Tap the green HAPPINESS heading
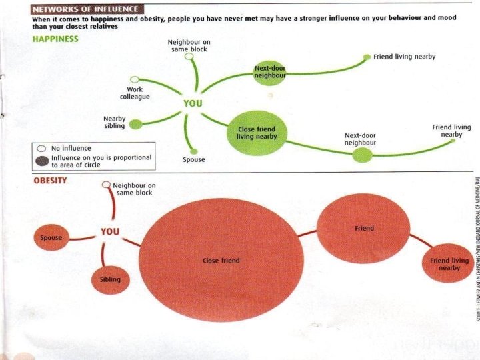tap(55, 39)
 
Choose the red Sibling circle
tap(110, 279)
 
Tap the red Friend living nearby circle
tap(449, 263)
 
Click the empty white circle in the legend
tap(41, 148)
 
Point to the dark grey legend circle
tap(41, 161)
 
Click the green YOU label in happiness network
tap(193, 104)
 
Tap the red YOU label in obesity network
tap(110, 231)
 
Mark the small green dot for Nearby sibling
tap(135, 123)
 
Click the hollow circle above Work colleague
tap(135, 79)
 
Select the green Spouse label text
tap(193, 160)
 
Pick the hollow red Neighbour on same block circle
tap(106, 184)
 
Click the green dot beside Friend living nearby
tap(366, 57)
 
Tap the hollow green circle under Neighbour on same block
tap(189, 57)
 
